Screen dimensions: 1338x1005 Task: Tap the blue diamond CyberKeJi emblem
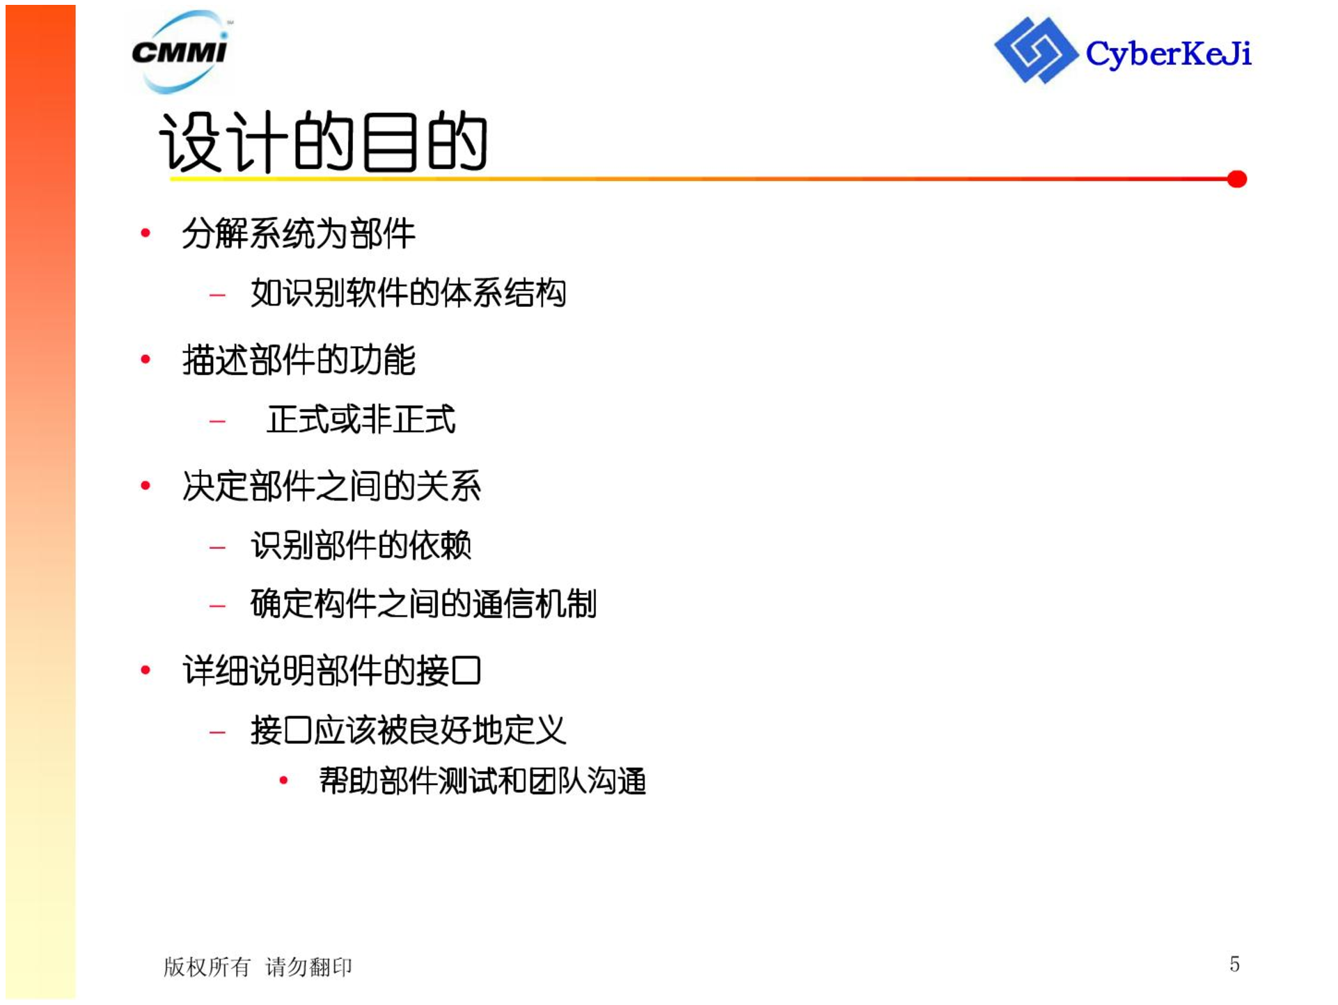coord(1036,50)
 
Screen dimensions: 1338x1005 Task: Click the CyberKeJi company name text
coord(1169,54)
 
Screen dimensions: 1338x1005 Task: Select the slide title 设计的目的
coord(323,142)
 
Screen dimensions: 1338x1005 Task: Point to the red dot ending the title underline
coord(1237,180)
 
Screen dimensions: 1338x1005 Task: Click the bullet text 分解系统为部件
coord(299,233)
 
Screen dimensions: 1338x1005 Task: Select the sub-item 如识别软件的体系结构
coord(408,293)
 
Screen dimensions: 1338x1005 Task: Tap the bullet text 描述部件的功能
coord(299,360)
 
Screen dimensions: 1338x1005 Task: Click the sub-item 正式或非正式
coord(361,420)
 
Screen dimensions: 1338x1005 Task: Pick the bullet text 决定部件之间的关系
coord(331,486)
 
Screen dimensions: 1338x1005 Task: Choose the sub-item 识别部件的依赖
coord(361,545)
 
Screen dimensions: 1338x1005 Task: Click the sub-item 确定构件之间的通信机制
coord(423,603)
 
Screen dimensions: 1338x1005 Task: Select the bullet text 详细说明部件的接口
coord(331,671)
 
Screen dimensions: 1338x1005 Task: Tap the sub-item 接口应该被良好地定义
coord(408,730)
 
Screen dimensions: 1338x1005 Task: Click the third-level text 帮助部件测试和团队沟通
coord(482,781)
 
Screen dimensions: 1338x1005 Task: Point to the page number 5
coord(1234,964)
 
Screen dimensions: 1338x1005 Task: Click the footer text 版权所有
coord(207,967)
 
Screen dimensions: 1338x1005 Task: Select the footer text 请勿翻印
coord(308,967)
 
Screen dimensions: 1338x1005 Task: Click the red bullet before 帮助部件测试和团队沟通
coord(283,781)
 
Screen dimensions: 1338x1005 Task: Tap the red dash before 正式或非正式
coord(217,421)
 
